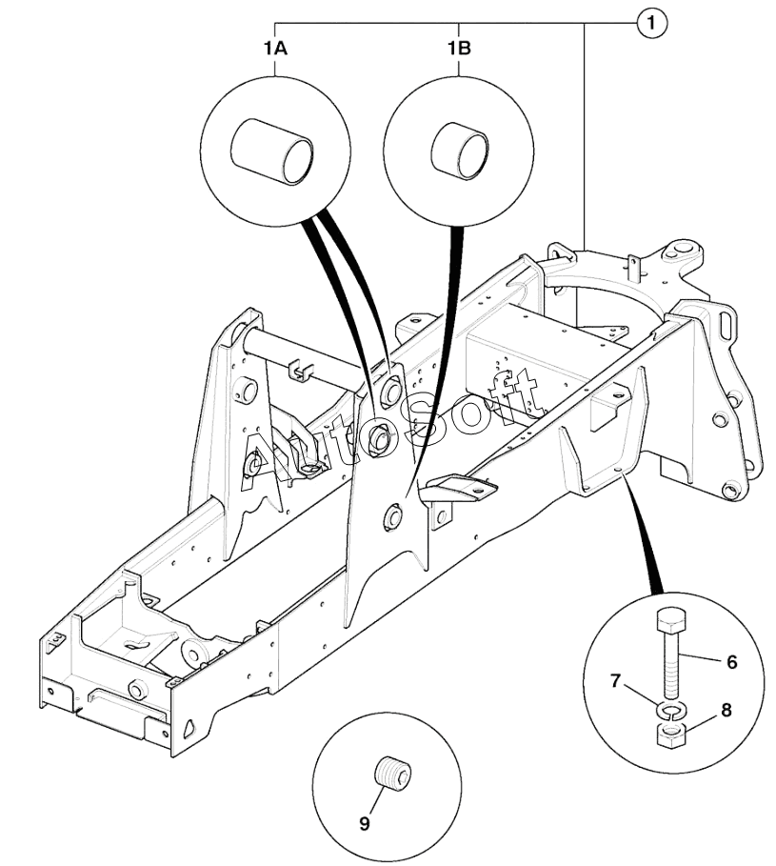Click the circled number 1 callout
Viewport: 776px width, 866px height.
[x=652, y=23]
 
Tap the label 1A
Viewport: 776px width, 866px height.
[x=274, y=49]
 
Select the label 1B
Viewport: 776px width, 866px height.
[x=459, y=49]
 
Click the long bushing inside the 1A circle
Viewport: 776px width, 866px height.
[x=272, y=151]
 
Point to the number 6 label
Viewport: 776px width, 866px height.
[x=732, y=662]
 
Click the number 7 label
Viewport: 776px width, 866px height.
[x=616, y=681]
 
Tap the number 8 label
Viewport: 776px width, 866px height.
[x=726, y=711]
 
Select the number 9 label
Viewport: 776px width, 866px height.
[x=365, y=824]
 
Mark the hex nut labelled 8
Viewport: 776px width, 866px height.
[x=671, y=735]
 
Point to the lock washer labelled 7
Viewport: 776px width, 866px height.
[x=669, y=711]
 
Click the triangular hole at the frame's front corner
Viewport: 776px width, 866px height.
[x=190, y=727]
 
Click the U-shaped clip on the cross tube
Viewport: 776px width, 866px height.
[x=299, y=371]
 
